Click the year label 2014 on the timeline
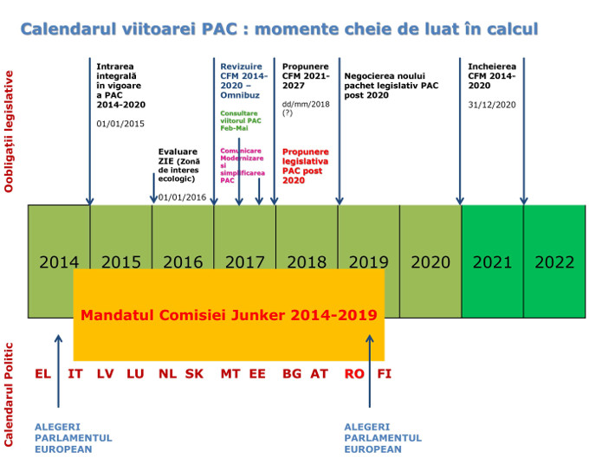click(x=59, y=261)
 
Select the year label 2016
click(x=183, y=261)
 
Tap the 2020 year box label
click(x=430, y=261)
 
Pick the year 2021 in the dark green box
click(x=492, y=261)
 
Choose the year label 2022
click(x=554, y=261)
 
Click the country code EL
click(x=43, y=374)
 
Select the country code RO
click(x=353, y=374)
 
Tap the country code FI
click(x=385, y=374)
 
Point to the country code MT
click(x=230, y=374)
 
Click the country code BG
click(x=291, y=374)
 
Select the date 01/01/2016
click(x=182, y=197)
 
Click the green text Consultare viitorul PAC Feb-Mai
click(x=242, y=120)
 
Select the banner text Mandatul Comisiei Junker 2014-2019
click(x=229, y=315)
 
